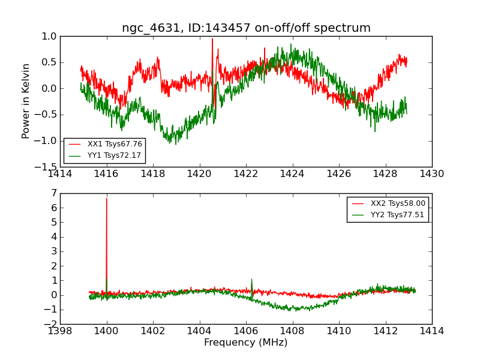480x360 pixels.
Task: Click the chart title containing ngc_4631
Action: coord(246,28)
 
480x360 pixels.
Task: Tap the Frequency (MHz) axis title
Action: coord(246,343)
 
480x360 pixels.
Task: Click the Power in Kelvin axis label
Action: coord(26,101)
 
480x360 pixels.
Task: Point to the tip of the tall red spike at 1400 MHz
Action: coord(107,198)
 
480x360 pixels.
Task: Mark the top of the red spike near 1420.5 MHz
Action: coord(212,39)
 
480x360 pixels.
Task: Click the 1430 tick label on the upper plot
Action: coord(432,174)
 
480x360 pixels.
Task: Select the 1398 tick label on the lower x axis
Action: coord(60,331)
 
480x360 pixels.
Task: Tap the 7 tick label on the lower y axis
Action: coord(54,193)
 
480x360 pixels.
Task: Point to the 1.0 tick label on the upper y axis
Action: coord(49,37)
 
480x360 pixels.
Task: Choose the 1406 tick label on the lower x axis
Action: coord(246,331)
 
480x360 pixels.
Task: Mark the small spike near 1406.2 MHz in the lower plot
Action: coord(251,280)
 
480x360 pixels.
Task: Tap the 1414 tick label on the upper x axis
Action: coord(60,174)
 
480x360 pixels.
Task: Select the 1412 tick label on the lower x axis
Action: coord(385,331)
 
